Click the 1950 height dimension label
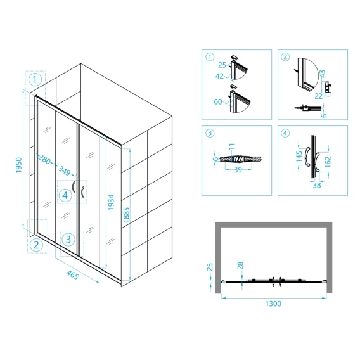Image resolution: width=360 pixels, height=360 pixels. pos(19,165)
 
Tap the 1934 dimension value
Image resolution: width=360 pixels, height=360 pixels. pos(111,202)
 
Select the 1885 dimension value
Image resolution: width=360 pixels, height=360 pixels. pos(127,215)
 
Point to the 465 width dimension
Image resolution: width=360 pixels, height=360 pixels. pos(73,274)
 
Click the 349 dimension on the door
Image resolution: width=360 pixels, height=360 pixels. pos(64,170)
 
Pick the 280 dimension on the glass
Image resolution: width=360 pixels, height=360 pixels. pos(44,159)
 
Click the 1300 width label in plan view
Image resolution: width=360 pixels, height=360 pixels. pos(273,304)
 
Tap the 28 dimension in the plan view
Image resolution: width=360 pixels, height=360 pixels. pos(240,266)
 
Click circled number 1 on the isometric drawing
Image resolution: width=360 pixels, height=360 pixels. pos(35,80)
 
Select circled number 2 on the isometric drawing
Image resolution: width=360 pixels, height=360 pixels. pos(37,245)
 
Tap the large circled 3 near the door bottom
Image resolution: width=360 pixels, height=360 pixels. pos(68,240)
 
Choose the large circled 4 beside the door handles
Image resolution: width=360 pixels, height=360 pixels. pos(65,195)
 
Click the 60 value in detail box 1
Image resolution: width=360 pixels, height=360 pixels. pos(218,101)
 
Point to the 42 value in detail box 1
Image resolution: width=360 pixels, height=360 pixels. pos(219,76)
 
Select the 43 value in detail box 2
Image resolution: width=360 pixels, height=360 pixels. pos(323,74)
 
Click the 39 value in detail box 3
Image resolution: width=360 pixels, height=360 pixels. pos(238,170)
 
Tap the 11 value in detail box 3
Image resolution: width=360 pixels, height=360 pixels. pos(231,146)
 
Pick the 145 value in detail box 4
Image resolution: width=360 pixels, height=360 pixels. pos(299,157)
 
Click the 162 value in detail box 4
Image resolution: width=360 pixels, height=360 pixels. pos(328,162)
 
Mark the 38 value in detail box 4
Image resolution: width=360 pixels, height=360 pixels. pos(317,185)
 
